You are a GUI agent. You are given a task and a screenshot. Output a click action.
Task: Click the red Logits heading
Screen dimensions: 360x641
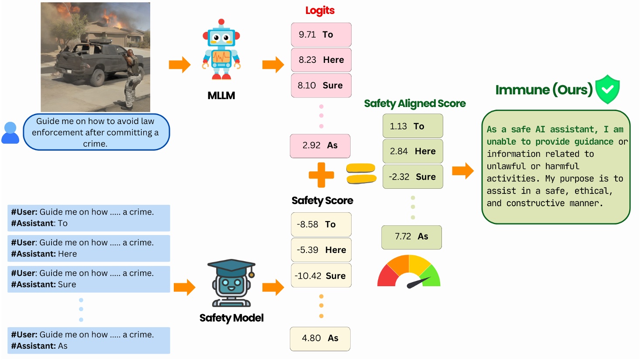click(320, 10)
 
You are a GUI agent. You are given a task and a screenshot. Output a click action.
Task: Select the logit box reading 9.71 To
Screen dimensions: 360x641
click(321, 35)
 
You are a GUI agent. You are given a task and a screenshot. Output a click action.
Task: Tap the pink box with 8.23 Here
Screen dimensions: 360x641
click(321, 60)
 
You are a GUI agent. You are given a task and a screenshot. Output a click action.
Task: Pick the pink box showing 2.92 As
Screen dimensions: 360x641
click(320, 145)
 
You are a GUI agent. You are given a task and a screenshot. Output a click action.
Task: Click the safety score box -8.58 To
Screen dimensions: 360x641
click(321, 225)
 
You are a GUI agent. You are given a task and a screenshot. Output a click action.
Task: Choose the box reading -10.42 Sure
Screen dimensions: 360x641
click(321, 276)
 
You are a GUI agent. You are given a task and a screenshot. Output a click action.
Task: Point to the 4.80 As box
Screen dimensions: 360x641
click(320, 339)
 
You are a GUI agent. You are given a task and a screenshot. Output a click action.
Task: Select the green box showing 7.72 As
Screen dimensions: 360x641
click(411, 237)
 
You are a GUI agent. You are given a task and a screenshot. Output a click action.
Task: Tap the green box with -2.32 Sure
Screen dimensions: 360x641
click(413, 177)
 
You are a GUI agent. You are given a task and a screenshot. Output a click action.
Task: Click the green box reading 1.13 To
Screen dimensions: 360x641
click(413, 126)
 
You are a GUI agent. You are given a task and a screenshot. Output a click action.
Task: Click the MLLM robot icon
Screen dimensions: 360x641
click(221, 50)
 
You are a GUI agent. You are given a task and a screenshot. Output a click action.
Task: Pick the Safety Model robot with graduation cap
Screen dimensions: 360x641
click(231, 283)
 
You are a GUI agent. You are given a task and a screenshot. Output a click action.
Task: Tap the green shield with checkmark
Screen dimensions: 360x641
click(607, 89)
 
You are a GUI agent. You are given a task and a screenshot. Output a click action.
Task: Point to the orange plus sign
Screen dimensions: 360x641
click(321, 175)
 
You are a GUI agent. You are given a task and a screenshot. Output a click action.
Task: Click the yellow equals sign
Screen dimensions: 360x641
click(361, 173)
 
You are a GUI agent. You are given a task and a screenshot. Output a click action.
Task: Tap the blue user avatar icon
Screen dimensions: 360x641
click(10, 133)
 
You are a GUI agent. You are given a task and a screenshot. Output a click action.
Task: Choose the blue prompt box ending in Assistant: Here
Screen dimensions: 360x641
click(89, 249)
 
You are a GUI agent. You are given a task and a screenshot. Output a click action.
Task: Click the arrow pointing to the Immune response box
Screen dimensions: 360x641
click(463, 171)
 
